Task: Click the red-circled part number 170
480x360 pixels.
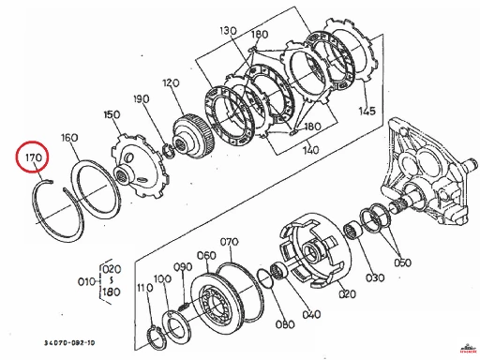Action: click(34, 157)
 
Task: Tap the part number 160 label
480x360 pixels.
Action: click(69, 138)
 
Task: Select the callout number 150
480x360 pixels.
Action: click(112, 114)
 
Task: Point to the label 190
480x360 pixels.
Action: click(142, 99)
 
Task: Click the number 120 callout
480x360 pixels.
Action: click(171, 83)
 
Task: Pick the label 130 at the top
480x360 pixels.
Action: click(228, 31)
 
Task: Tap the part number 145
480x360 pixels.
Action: click(367, 111)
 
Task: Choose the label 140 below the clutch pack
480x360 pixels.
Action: click(310, 150)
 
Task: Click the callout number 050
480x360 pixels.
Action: click(402, 262)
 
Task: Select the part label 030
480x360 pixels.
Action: click(375, 277)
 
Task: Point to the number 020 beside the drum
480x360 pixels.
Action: click(347, 294)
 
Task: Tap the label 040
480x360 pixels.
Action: click(311, 314)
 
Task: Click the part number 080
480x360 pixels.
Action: click(285, 324)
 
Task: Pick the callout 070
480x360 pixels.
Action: click(229, 242)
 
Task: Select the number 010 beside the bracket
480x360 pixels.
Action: click(86, 282)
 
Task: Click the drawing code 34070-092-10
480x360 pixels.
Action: click(69, 343)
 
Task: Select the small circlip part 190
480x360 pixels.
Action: click(169, 151)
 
